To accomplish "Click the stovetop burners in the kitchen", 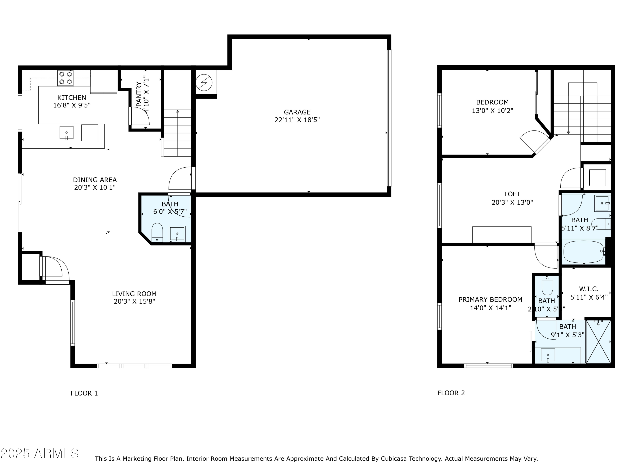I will [x=66, y=78].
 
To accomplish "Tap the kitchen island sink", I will [x=66, y=133].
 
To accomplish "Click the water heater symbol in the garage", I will [x=204, y=83].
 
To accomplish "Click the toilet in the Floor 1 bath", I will [x=157, y=232].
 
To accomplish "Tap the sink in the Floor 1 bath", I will [x=177, y=234].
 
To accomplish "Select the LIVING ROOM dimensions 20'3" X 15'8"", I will [x=134, y=301].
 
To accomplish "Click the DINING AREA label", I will [x=95, y=180].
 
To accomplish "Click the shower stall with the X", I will [x=598, y=342].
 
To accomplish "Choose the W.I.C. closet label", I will [x=589, y=289].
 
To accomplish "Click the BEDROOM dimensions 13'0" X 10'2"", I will [x=492, y=111].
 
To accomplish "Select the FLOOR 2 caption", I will [x=451, y=393].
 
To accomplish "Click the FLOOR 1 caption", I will [x=84, y=393].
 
